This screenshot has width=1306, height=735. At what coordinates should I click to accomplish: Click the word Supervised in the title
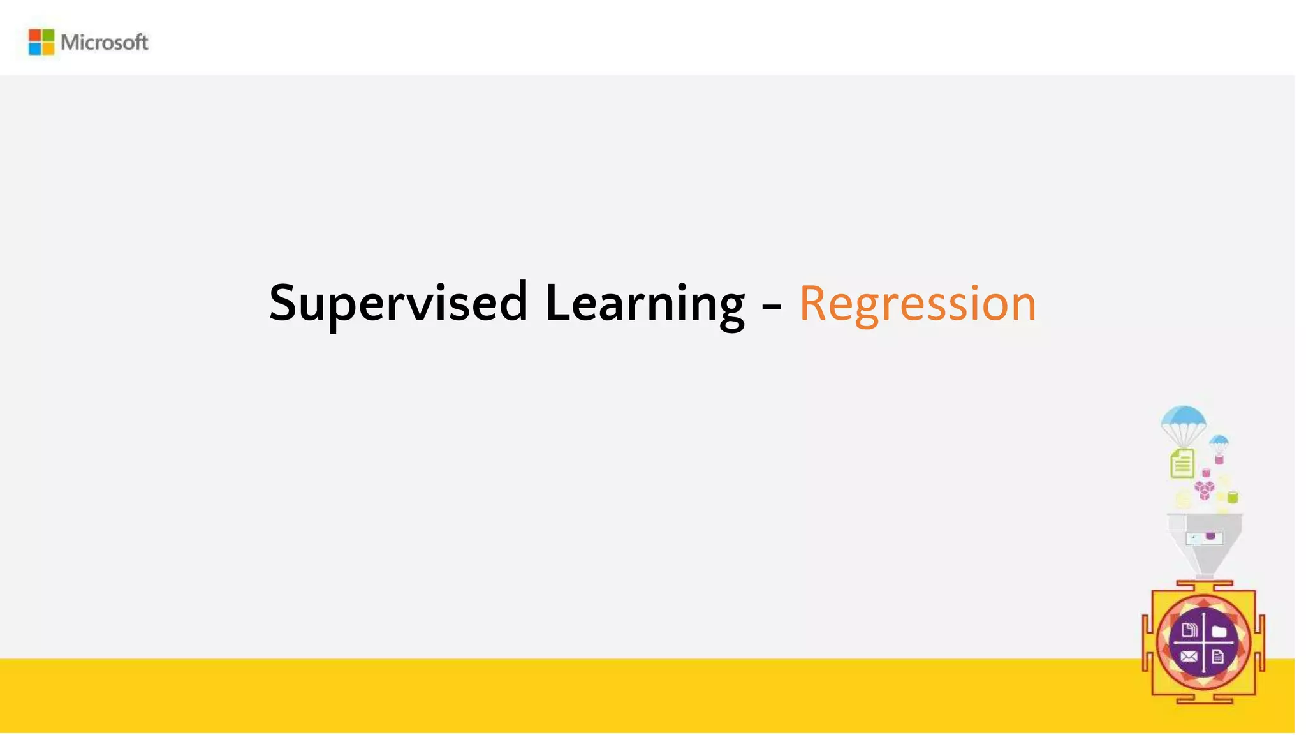coord(398,303)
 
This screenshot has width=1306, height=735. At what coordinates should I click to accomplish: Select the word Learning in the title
coord(645,303)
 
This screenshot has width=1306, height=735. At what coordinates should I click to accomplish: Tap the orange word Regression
coord(917,303)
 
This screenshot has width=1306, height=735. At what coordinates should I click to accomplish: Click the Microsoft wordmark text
coord(105,43)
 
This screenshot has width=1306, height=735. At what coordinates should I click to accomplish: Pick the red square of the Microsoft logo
coord(35,36)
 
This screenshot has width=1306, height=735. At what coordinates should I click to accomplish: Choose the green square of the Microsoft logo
coord(48,36)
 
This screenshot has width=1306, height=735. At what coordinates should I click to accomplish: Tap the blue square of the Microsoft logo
coord(35,48)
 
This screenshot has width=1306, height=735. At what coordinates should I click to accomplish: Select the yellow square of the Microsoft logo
coord(48,48)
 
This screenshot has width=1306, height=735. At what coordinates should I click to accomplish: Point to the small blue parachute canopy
coord(1219,440)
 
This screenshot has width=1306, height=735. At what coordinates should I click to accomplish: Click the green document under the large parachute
coord(1182,463)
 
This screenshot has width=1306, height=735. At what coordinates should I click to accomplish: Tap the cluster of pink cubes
coord(1204,490)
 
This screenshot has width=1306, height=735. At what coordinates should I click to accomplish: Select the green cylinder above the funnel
coord(1233,497)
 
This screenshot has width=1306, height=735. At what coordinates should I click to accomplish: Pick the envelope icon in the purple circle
coord(1189,657)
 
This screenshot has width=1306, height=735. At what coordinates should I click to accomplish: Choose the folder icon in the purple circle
coord(1219,632)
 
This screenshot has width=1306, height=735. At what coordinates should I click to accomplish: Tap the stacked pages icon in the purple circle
coord(1189,631)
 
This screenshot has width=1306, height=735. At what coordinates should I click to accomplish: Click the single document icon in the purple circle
coord(1217,657)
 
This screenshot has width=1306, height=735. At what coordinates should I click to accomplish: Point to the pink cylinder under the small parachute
coord(1219,459)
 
